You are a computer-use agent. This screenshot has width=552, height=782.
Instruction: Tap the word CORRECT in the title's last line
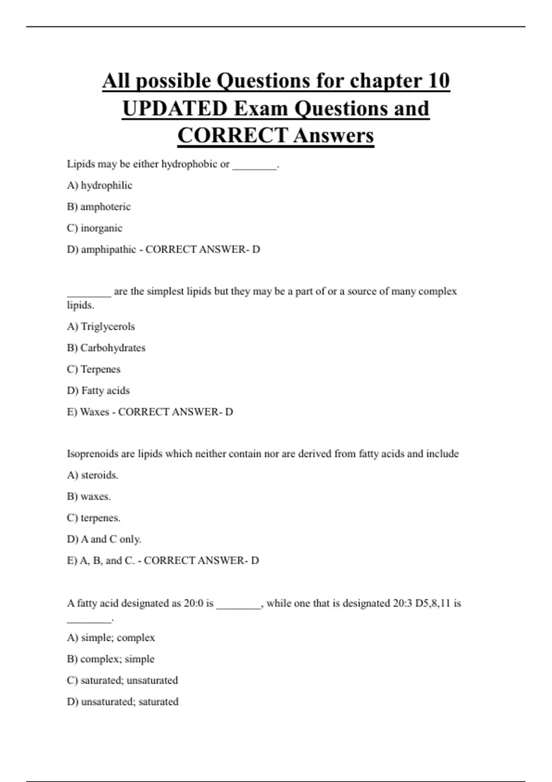click(232, 136)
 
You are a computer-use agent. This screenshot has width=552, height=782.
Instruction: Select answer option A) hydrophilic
click(99, 185)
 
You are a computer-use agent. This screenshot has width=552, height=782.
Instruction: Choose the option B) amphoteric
click(98, 207)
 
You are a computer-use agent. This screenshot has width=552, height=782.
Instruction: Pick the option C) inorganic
click(94, 228)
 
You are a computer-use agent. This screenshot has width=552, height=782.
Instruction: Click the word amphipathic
click(109, 249)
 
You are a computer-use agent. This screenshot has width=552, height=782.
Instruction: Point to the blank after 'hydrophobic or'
click(254, 165)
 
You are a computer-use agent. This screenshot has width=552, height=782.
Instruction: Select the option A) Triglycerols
click(101, 327)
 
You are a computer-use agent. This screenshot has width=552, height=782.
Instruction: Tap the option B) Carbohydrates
click(106, 348)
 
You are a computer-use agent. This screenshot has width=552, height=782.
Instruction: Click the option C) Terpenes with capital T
click(93, 369)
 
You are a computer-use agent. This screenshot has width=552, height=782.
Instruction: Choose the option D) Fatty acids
click(98, 391)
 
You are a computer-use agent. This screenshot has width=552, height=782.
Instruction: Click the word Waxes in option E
click(94, 412)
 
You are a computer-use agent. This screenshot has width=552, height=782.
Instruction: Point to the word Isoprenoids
click(92, 454)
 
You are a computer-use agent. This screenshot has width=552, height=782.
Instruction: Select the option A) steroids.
click(92, 475)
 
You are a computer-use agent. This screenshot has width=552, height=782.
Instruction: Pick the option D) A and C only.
click(104, 539)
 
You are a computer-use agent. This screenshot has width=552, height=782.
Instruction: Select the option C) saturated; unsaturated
click(122, 680)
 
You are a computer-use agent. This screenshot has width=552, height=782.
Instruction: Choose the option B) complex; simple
click(110, 659)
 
